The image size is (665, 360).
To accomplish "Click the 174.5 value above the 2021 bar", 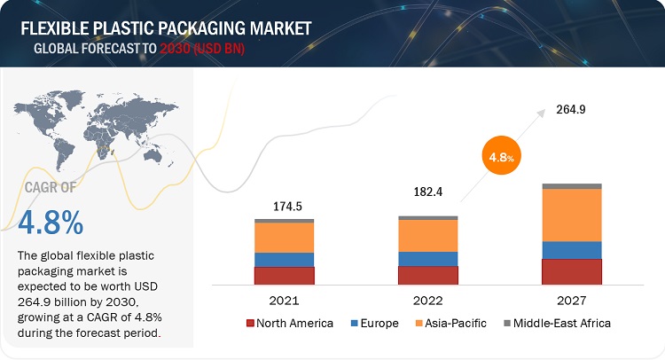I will pos(284,206).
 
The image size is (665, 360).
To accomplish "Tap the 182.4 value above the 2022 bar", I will pos(427,192).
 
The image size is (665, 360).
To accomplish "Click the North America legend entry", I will pos(288,323).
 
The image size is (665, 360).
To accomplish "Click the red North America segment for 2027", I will pos(571,271).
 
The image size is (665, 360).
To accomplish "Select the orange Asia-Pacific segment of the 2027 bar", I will pos(571,215).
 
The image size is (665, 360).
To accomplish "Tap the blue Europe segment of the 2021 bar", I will pos(284,259).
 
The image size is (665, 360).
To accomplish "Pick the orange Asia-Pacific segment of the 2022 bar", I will pos(427,235).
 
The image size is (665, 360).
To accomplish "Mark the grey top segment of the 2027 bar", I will pos(571,185).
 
